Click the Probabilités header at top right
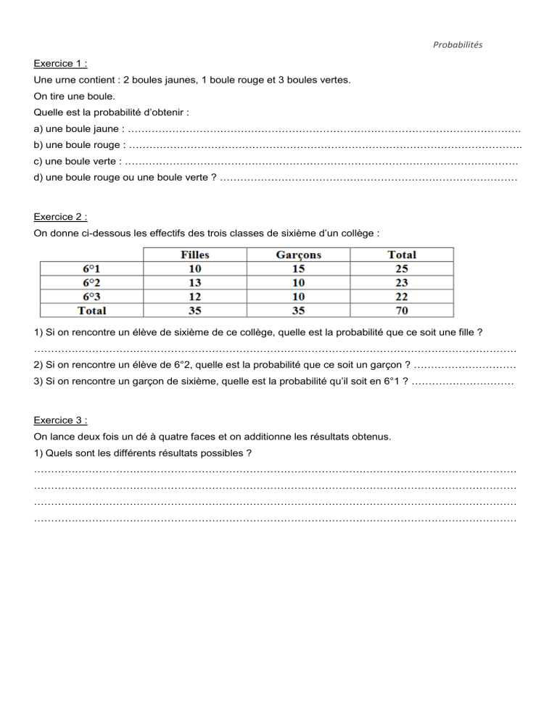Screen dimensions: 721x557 coord(458,44)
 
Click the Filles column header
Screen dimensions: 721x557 coord(194,255)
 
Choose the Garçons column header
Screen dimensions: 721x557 coord(299,255)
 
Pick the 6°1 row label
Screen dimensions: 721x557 coord(91,268)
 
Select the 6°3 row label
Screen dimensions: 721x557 coord(91,296)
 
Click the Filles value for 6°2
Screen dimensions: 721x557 coord(194,282)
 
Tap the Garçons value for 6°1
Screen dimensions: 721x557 coord(299,268)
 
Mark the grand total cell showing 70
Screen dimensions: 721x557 coord(402,310)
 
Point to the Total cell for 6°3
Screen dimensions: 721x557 coord(402,296)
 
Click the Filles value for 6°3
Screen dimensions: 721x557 coord(194,296)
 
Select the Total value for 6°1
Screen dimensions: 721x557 coord(402,268)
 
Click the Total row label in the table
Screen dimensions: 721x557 coord(91,310)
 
